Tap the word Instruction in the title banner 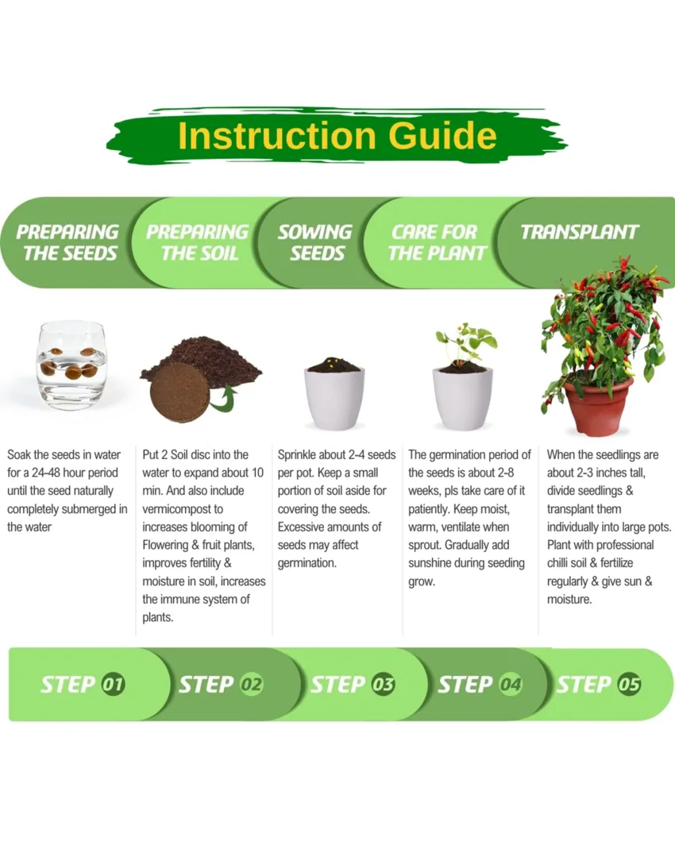276,135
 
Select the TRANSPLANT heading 579,232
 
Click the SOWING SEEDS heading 315,242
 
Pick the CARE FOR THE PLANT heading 437,242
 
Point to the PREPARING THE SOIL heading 198,242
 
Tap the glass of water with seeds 71,365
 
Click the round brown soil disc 179,392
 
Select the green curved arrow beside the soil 224,400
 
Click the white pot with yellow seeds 334,394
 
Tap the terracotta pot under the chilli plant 598,404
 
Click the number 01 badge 113,684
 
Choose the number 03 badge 383,684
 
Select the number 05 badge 629,684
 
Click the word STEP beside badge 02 206,685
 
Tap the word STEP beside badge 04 465,685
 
